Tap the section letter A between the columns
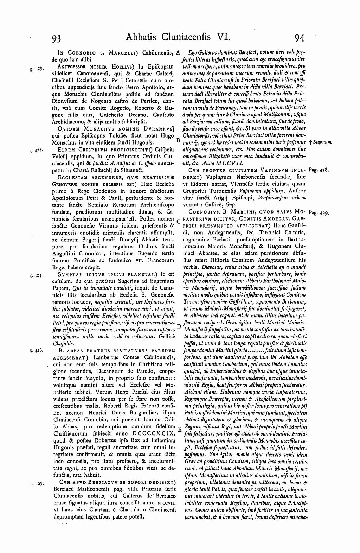[x=178, y=52]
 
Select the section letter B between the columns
[x=178, y=140]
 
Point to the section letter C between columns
[x=178, y=221]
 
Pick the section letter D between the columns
[x=178, y=326]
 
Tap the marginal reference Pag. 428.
[x=318, y=170]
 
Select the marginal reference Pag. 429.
[x=318, y=213]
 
